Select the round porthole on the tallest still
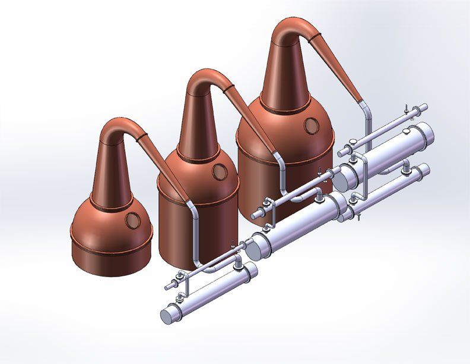(310, 125)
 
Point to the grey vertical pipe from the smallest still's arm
(193, 232)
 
